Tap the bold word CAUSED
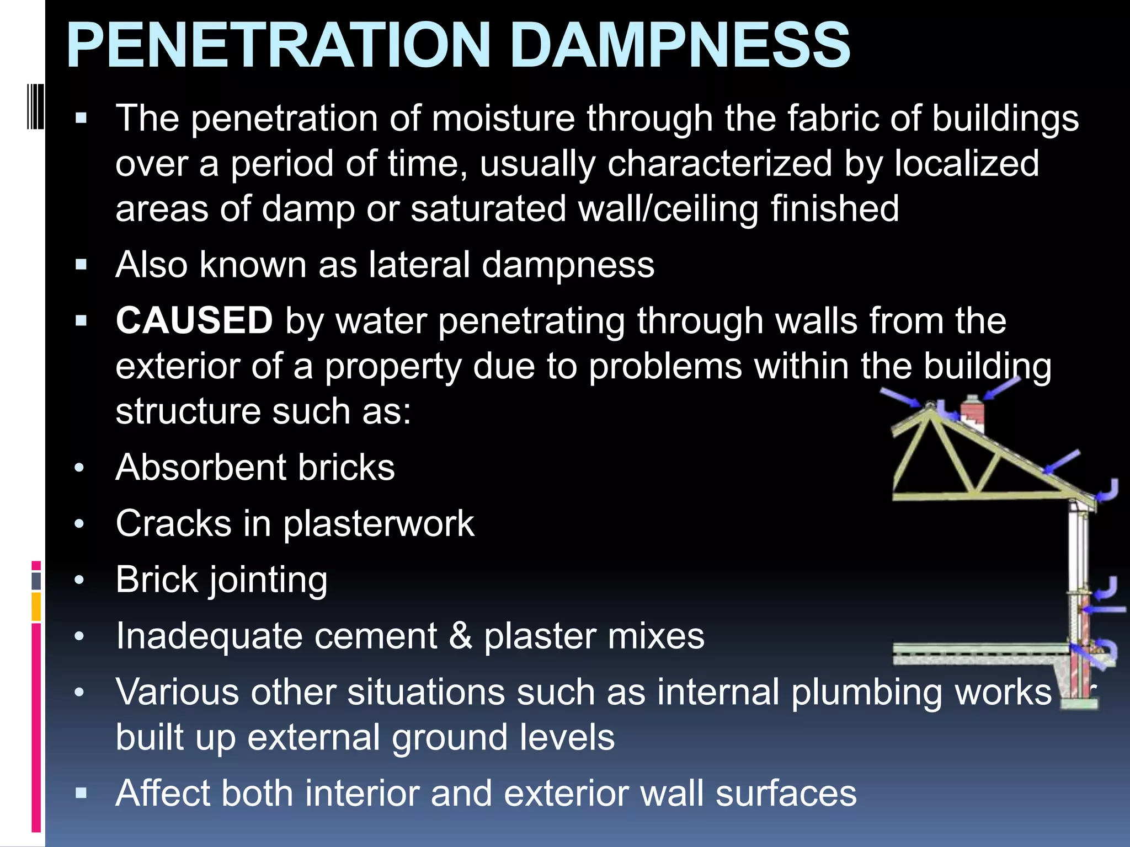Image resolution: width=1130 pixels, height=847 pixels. (194, 320)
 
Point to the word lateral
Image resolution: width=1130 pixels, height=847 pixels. (419, 265)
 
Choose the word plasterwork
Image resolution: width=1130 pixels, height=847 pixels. (379, 524)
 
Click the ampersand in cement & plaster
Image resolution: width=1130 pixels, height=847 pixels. (461, 636)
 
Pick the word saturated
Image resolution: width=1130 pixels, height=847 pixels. (488, 209)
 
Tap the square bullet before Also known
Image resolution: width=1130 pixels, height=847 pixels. (82, 265)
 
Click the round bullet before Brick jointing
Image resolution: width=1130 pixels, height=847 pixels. (79, 580)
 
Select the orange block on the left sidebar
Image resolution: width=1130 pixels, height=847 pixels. (36, 607)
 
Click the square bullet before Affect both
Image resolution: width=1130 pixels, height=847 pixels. (82, 794)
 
